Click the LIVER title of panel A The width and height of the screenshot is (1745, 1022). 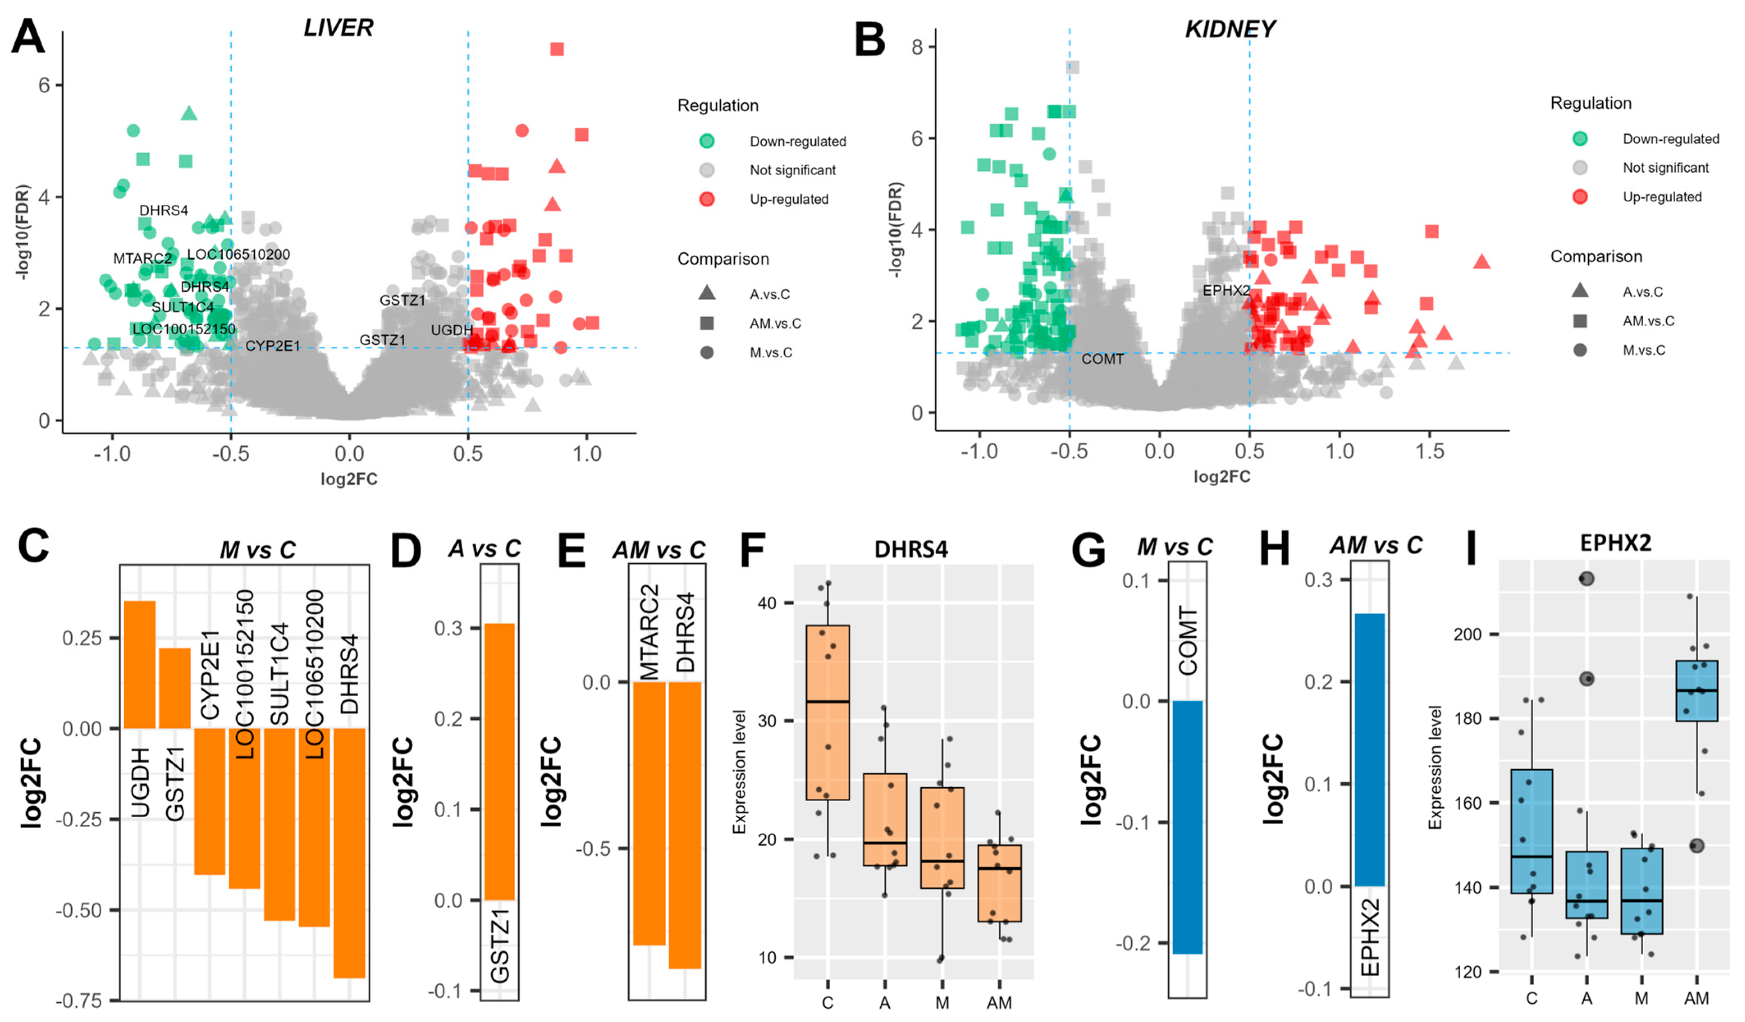338,28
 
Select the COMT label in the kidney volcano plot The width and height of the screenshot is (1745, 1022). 1102,359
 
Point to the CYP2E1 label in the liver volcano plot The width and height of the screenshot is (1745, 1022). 273,345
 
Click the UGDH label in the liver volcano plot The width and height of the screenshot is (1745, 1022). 452,330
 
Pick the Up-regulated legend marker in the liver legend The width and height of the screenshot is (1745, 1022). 706,199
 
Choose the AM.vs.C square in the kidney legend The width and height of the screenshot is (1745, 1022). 1580,320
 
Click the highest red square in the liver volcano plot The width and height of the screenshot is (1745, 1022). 557,49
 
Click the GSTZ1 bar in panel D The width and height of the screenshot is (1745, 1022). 499,761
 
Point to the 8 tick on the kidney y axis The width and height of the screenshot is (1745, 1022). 918,47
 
